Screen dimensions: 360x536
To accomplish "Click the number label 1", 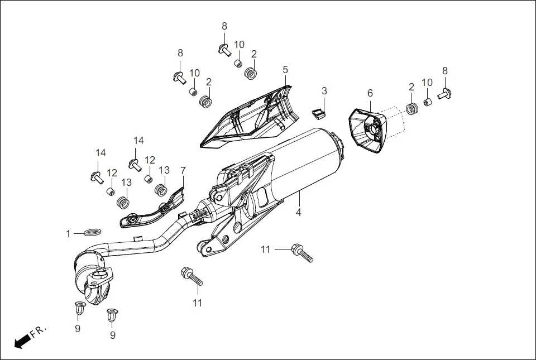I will [x=69, y=234].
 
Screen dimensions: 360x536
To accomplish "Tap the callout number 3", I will [x=324, y=91].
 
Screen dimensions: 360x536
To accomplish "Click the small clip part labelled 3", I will [x=319, y=113].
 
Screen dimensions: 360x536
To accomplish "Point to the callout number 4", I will [x=299, y=213].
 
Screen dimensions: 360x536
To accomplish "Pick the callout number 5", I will [x=285, y=70].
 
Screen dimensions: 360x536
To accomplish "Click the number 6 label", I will [x=369, y=93].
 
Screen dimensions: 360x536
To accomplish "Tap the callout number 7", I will [x=183, y=170].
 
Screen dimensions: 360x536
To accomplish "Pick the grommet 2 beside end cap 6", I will [x=412, y=108].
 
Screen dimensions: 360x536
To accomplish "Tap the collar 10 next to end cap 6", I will [x=428, y=103].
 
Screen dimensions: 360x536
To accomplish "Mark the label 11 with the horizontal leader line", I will [x=265, y=249].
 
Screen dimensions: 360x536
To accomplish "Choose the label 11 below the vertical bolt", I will [x=197, y=303].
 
